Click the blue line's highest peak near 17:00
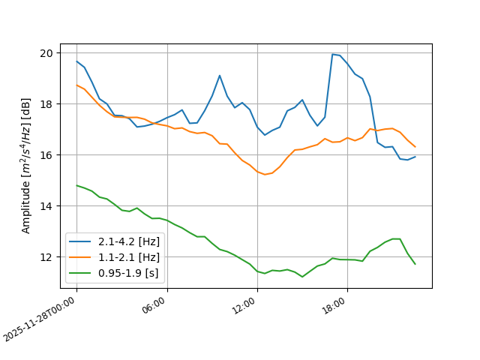[x=332, y=54]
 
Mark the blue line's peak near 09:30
[x=220, y=75]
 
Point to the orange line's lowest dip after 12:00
[x=265, y=174]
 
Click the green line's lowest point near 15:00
[x=302, y=277]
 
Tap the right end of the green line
[x=415, y=264]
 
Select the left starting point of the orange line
[x=76, y=85]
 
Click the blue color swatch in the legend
[x=81, y=241]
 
